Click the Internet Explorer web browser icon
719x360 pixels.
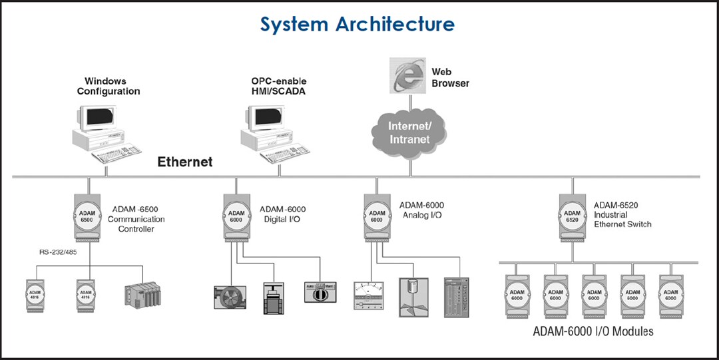(x=407, y=77)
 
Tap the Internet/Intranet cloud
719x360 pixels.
(x=409, y=131)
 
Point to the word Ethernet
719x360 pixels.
(x=184, y=162)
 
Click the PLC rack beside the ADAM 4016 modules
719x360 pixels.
(x=142, y=293)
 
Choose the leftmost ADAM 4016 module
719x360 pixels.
(x=37, y=293)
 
